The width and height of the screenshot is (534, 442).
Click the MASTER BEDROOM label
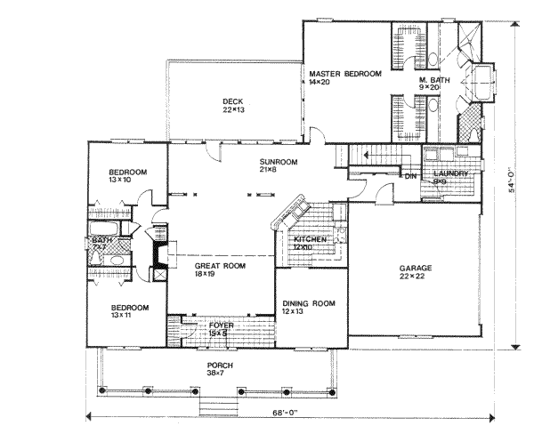344,73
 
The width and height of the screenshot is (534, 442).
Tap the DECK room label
232,101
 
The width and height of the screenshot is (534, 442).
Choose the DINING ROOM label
311,303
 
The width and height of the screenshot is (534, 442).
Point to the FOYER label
221,325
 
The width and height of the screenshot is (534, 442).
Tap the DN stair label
409,176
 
